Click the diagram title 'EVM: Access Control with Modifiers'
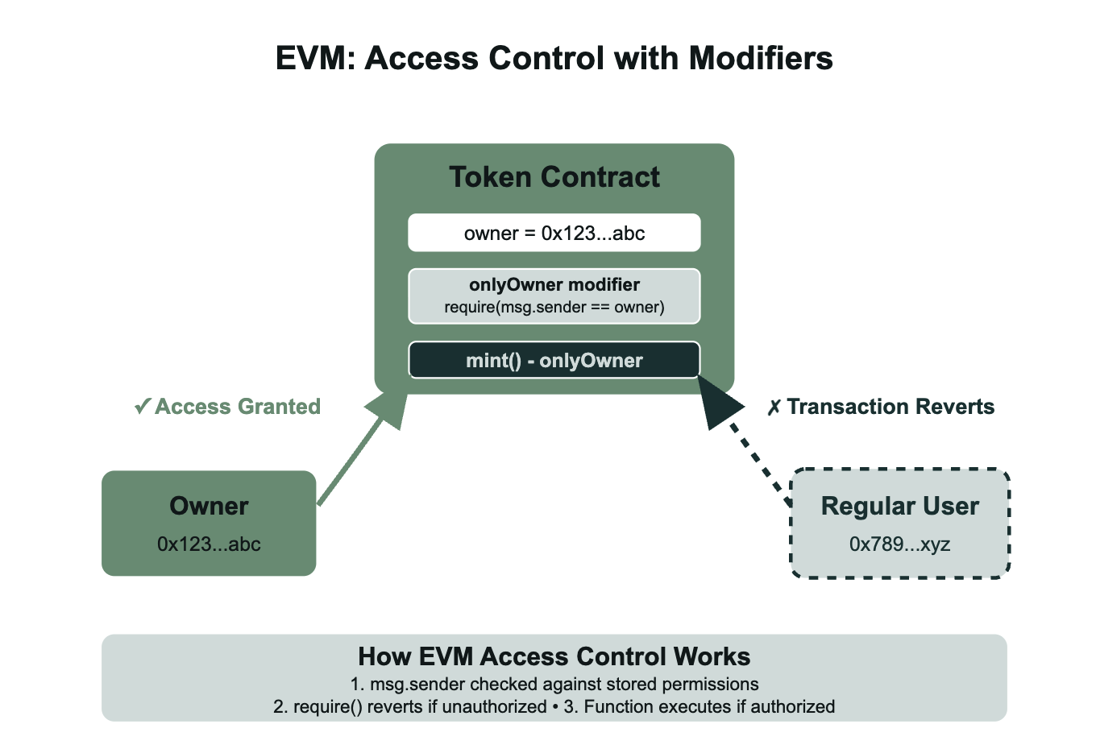pos(554,59)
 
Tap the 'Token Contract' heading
pos(554,177)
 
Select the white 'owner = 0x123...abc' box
pos(554,234)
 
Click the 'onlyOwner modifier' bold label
pos(554,285)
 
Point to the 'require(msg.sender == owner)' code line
pos(554,307)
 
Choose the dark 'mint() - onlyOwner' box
pos(554,361)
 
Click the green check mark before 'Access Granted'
pos(143,407)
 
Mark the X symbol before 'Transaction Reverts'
pos(774,408)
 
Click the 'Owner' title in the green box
pos(209,506)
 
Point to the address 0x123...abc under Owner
pos(209,544)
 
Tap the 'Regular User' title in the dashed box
pos(899,506)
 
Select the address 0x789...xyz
pos(899,544)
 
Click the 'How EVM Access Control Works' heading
pos(554,657)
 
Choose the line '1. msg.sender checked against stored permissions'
pos(554,685)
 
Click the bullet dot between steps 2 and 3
pos(555,707)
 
